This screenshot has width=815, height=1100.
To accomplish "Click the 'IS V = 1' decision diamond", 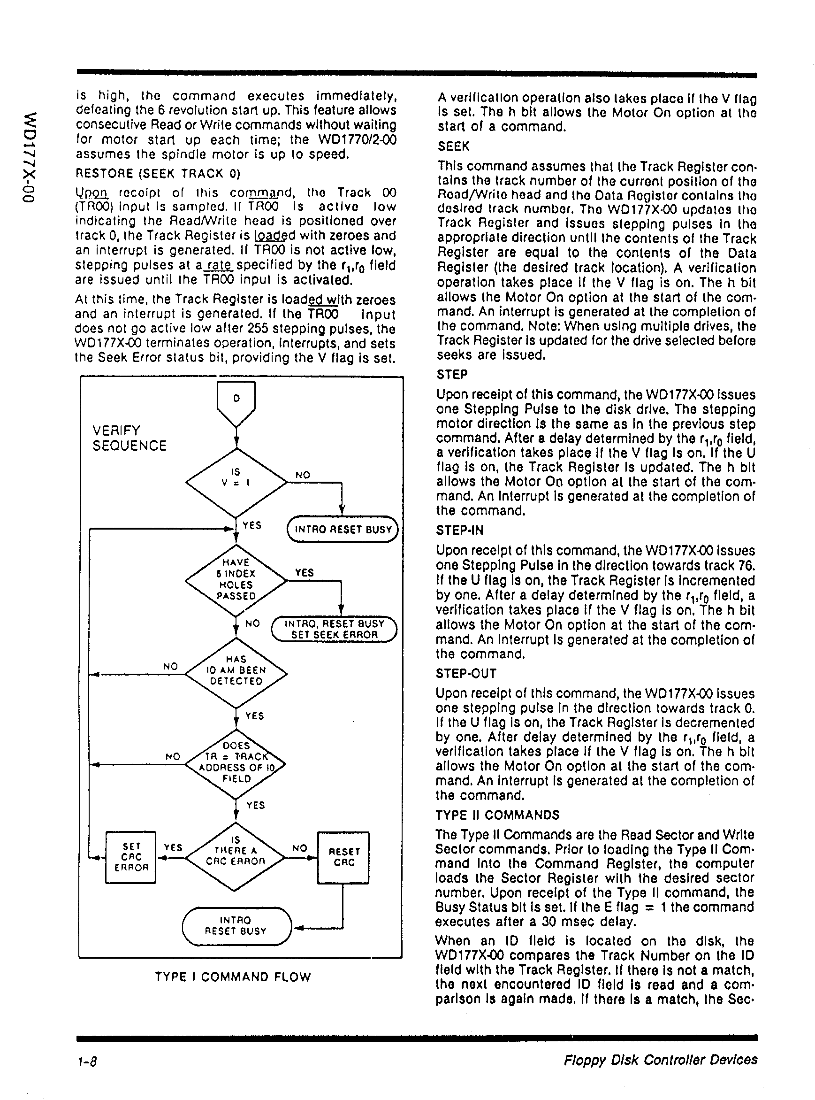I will pyautogui.click(x=236, y=482).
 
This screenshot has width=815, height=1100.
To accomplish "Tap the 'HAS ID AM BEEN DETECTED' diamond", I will pyautogui.click(x=236, y=673).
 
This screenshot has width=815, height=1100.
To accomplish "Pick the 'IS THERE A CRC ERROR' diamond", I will pyautogui.click(x=236, y=857).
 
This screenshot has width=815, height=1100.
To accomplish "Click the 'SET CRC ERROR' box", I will pyautogui.click(x=131, y=857).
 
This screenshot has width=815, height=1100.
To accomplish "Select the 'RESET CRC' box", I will pyautogui.click(x=343, y=857).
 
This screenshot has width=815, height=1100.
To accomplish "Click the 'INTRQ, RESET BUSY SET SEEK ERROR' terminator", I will pyautogui.click(x=335, y=629).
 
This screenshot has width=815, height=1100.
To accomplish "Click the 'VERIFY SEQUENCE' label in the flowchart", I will pyautogui.click(x=129, y=438).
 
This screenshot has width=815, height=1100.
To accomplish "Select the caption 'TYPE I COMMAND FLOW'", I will pyautogui.click(x=233, y=977).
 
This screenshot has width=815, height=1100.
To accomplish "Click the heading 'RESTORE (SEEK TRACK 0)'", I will pyautogui.click(x=157, y=173).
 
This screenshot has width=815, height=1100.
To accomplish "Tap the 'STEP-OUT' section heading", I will pyautogui.click(x=466, y=673).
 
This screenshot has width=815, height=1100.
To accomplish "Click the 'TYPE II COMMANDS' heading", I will pyautogui.click(x=497, y=815).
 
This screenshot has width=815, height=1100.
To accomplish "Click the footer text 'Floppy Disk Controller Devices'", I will pyautogui.click(x=661, y=1060).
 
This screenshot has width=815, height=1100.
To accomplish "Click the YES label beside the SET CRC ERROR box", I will pyautogui.click(x=173, y=847).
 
